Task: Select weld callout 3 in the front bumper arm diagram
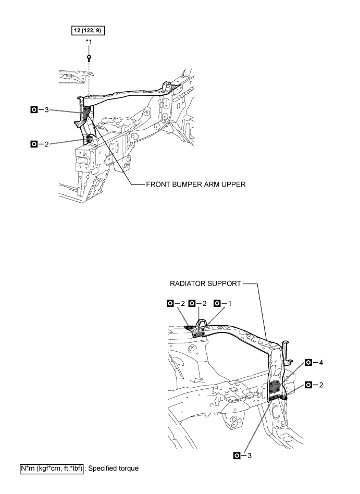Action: [x=40, y=110]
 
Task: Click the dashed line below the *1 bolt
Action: [x=89, y=78]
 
